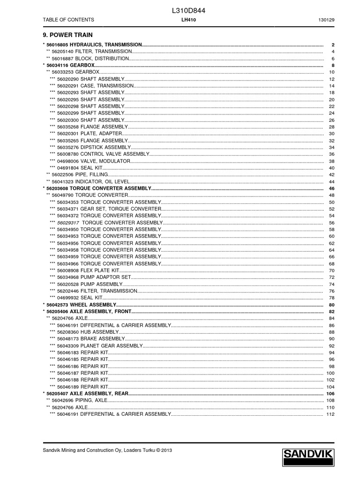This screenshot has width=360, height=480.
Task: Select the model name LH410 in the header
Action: pyautogui.click(x=188, y=20)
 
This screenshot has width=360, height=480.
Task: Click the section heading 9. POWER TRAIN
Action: pyautogui.click(x=67, y=35)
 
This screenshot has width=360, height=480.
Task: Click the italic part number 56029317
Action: pyautogui.click(x=67, y=223)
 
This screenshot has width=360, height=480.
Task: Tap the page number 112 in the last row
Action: pyautogui.click(x=330, y=414)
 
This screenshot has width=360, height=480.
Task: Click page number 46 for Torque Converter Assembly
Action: pyautogui.click(x=331, y=188)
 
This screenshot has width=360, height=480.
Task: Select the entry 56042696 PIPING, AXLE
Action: pyautogui.click(x=79, y=400)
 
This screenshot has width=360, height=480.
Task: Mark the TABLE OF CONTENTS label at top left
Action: pyautogui.click(x=68, y=20)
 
